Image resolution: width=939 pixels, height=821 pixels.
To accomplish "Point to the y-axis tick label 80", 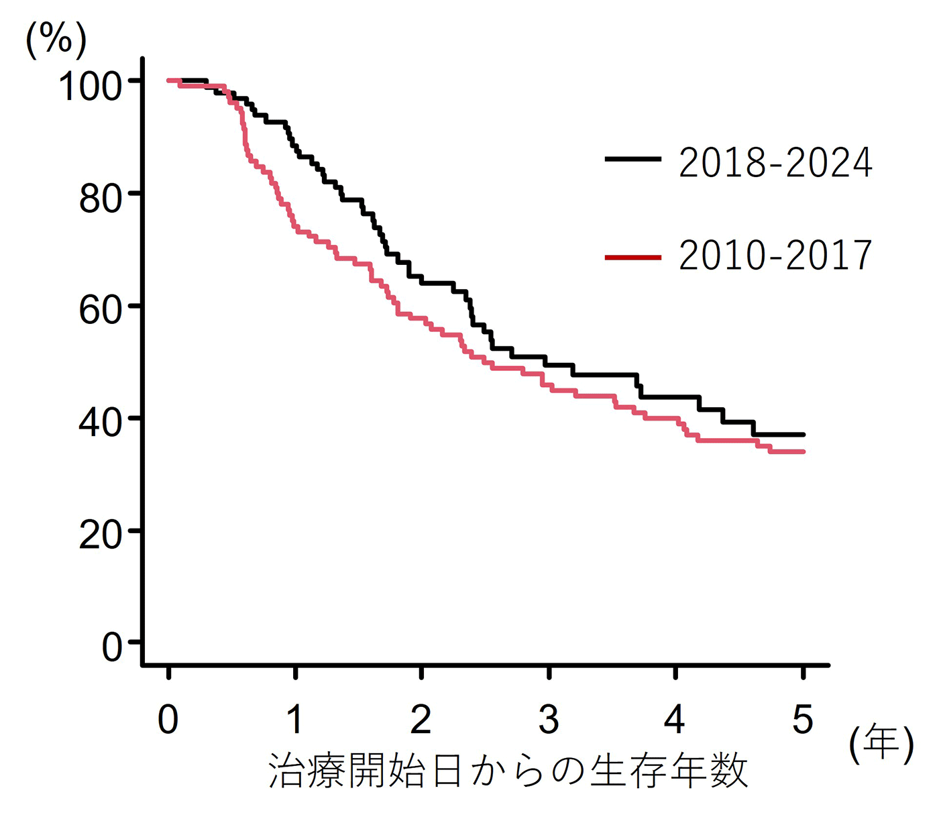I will click(x=101, y=199).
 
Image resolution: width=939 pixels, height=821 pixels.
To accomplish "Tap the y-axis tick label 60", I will click(x=101, y=311).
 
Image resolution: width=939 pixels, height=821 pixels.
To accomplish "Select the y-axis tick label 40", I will click(x=101, y=423).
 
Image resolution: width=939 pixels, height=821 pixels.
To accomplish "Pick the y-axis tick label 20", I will click(x=101, y=535).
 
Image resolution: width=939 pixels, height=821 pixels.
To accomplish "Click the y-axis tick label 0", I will click(x=112, y=647).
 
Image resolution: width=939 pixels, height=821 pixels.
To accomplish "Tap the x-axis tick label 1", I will click(x=295, y=720).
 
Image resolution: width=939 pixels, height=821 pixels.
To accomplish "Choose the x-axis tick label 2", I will click(x=421, y=720).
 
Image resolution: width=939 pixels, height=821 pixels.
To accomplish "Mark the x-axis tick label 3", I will click(x=549, y=720).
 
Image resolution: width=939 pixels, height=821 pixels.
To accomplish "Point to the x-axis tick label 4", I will click(x=675, y=720).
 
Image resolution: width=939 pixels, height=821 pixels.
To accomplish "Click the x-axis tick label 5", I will click(x=802, y=720).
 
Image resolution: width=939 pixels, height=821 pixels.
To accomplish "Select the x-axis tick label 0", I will click(x=168, y=720).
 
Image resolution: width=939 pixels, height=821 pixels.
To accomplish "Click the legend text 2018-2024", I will click(x=775, y=163).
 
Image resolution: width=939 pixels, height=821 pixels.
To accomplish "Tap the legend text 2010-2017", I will click(x=775, y=256).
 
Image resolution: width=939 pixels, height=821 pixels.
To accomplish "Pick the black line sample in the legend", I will click(x=632, y=159).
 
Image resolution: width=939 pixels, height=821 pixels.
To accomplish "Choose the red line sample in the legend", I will click(x=632, y=257).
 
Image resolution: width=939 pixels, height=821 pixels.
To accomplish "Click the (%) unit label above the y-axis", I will click(x=56, y=40).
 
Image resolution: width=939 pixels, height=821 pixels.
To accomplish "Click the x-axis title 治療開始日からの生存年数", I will click(x=508, y=771).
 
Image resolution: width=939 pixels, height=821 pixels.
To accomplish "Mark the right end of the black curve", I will click(x=803, y=435).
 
